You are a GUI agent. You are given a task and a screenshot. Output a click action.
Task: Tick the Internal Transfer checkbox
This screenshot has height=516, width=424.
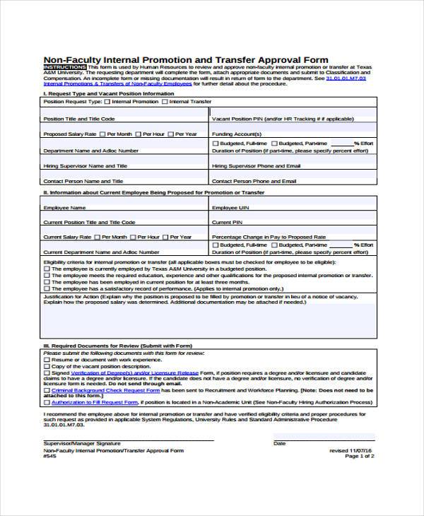coord(165,102)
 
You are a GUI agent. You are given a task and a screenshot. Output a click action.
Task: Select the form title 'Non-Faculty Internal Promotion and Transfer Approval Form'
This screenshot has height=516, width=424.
coord(185,59)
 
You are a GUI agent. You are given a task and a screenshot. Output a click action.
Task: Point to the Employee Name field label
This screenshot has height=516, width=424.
coord(64,208)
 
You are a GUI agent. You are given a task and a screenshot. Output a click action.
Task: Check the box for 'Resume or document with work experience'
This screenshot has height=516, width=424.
coord(47,360)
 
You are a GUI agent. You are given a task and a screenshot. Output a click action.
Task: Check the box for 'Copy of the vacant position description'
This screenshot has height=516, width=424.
coord(47,366)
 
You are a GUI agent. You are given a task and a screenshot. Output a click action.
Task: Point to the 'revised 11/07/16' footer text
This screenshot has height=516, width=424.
coord(351,450)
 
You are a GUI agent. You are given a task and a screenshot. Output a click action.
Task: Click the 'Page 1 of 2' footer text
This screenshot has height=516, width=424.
coord(359,456)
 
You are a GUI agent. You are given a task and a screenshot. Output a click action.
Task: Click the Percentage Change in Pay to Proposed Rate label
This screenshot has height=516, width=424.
coord(269,237)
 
